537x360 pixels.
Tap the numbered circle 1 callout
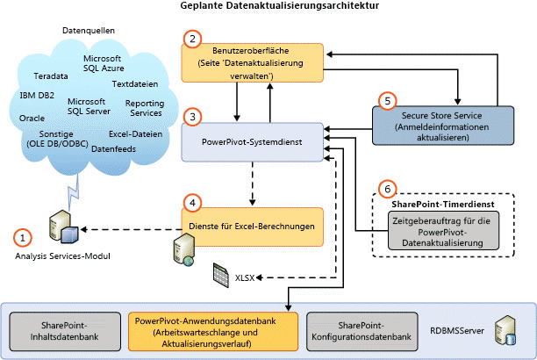coord(23,236)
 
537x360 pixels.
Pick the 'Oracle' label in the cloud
coord(32,116)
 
